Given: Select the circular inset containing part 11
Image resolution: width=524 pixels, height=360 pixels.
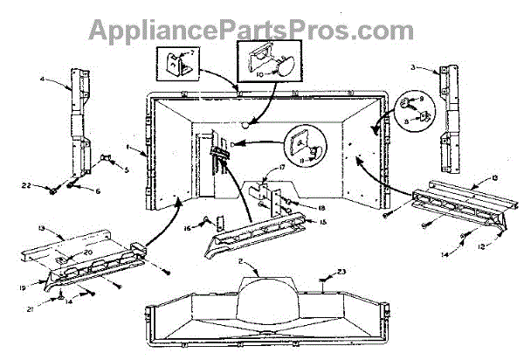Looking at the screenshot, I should pyautogui.click(x=308, y=146).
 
